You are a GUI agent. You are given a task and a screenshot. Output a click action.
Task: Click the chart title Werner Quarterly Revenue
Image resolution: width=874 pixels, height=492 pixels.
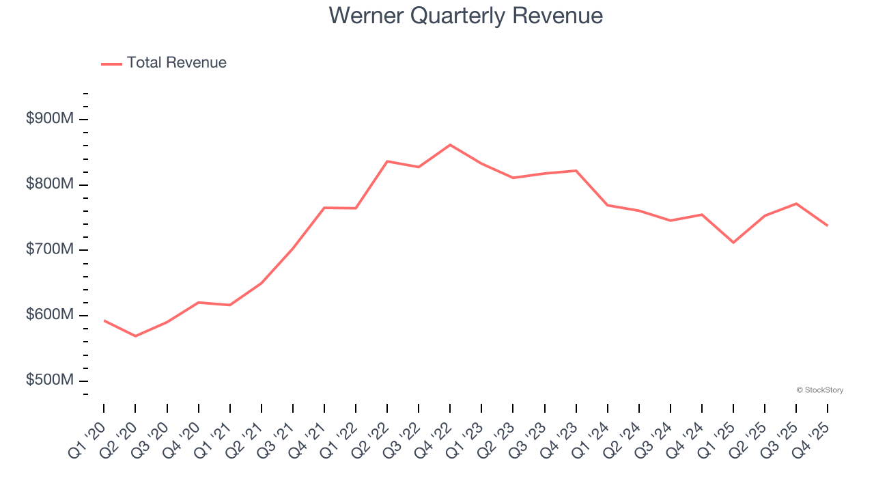click(466, 15)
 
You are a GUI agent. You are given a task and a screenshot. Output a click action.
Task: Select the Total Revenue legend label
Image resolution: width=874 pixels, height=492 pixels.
click(176, 63)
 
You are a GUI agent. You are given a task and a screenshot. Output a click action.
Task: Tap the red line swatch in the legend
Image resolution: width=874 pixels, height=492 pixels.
click(111, 64)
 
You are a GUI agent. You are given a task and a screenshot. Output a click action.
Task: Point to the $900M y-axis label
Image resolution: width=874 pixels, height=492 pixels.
click(50, 119)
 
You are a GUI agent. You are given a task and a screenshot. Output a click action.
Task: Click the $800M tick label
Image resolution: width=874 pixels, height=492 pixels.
click(50, 184)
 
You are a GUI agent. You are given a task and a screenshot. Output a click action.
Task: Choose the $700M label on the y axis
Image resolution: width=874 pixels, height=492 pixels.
click(50, 249)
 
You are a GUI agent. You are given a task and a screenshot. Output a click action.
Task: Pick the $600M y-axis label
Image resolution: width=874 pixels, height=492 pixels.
click(50, 315)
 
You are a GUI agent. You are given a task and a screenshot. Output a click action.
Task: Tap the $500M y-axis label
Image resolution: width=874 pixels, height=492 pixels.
click(50, 380)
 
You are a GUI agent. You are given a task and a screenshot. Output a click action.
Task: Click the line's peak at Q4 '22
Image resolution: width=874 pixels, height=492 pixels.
click(450, 145)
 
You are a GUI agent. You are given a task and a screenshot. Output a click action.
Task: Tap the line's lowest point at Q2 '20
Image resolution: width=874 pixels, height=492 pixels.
click(135, 336)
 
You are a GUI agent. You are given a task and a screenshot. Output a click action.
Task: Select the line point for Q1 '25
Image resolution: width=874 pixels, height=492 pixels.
click(733, 243)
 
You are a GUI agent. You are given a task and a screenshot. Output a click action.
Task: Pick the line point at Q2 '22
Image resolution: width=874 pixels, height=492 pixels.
click(387, 161)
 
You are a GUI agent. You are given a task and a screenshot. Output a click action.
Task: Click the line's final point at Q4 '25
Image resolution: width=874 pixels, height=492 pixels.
click(828, 225)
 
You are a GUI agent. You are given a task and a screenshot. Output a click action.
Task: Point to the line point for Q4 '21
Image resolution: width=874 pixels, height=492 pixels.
click(324, 208)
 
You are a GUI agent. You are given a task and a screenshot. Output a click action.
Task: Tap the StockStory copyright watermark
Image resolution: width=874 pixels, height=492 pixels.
click(819, 390)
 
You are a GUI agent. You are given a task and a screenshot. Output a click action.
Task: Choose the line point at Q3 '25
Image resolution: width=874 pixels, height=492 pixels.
click(796, 204)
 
